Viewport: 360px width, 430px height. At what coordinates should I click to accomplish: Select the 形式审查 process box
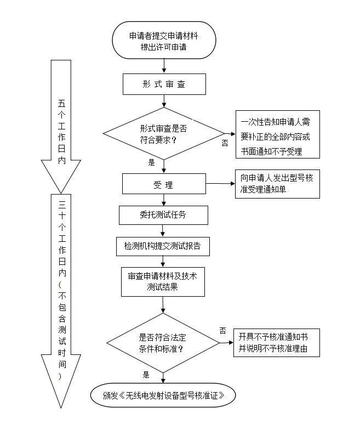pos(163,84)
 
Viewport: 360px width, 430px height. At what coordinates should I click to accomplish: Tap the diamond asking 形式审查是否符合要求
pos(163,133)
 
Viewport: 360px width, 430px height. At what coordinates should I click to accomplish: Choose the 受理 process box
pos(163,185)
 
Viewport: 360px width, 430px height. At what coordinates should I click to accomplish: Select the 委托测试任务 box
pos(163,214)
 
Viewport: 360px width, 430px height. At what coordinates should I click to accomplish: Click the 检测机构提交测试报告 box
pos(163,246)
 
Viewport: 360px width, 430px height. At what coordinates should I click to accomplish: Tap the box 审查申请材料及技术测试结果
pos(163,281)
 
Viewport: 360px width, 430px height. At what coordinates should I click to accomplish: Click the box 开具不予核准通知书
pos(277,343)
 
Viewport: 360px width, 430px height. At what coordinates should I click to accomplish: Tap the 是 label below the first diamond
pos(152,162)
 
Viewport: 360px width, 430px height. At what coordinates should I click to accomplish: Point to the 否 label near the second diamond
pos(222,330)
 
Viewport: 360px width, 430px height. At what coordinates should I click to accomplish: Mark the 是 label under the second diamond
pos(146,375)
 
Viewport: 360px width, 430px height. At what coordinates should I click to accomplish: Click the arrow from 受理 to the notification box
pos(219,184)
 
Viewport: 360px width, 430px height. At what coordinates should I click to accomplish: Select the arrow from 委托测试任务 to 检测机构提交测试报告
pos(163,230)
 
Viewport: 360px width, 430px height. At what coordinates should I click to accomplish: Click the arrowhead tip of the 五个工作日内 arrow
pos(61,188)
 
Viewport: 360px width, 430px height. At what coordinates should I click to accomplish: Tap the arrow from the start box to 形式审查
pos(163,66)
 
